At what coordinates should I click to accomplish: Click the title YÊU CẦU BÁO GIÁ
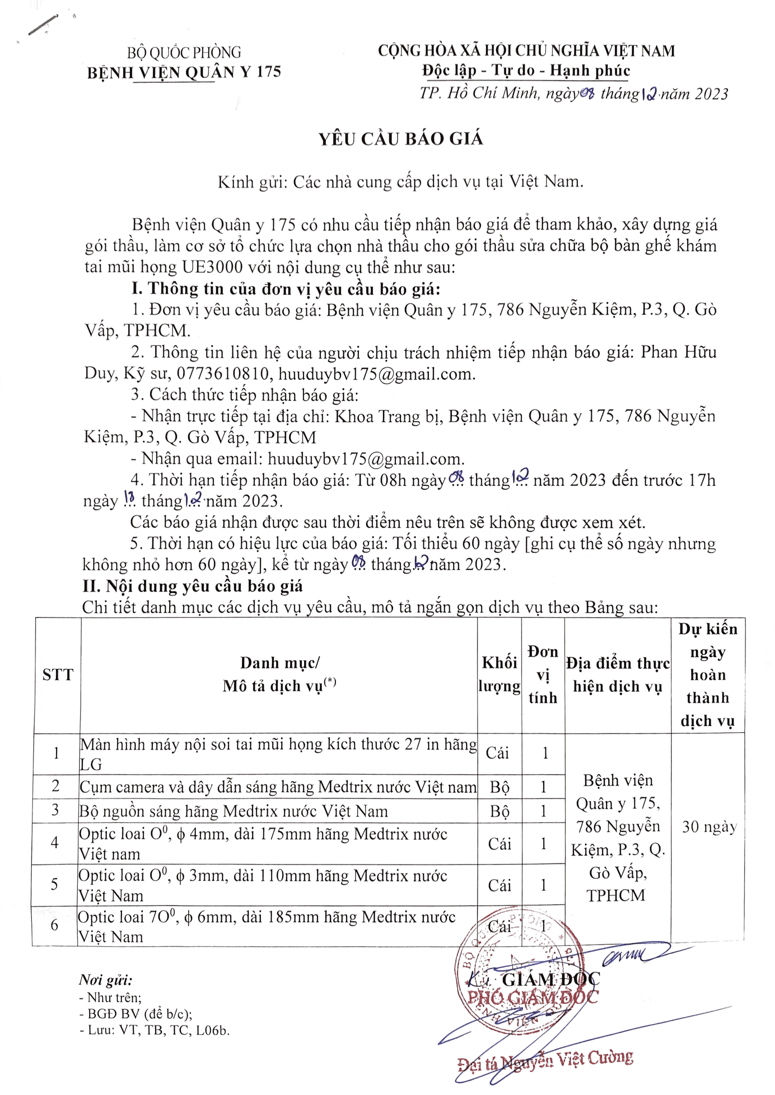[401, 139]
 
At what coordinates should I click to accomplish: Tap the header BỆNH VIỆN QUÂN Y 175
[184, 73]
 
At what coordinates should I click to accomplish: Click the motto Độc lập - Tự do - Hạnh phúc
[526, 71]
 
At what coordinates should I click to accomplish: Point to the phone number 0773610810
[223, 374]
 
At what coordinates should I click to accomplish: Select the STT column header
[58, 675]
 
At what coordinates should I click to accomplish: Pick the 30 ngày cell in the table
[709, 826]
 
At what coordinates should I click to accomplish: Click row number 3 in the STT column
[55, 810]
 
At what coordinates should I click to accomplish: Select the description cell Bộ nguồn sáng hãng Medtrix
[234, 811]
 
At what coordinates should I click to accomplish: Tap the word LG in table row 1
[91, 764]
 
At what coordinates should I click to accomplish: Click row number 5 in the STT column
[55, 884]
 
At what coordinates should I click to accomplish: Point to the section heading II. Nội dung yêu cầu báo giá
[193, 586]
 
